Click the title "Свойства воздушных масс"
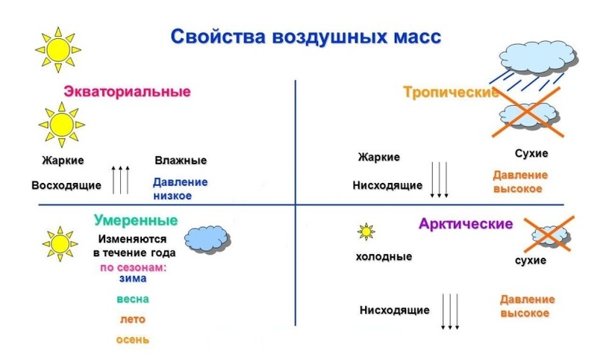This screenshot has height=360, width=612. pyautogui.click(x=305, y=37)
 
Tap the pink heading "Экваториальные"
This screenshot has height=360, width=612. pyautogui.click(x=127, y=91)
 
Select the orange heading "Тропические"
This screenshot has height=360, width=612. pyautogui.click(x=451, y=93)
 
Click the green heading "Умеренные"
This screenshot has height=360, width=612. pyautogui.click(x=136, y=220)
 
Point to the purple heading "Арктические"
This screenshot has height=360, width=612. pyautogui.click(x=466, y=224)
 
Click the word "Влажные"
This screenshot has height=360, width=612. pyautogui.click(x=181, y=161)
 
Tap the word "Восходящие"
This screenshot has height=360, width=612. pyautogui.click(x=66, y=185)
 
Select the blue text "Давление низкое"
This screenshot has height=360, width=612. pyautogui.click(x=181, y=189)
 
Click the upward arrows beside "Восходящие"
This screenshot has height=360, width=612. pyautogui.click(x=120, y=180)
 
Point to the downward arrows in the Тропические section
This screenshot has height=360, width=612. pyautogui.click(x=439, y=180)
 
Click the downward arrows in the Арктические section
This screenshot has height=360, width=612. pyautogui.click(x=450, y=312)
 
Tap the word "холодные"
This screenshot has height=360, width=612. pyautogui.click(x=384, y=257)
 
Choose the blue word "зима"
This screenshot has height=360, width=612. pyautogui.click(x=133, y=279)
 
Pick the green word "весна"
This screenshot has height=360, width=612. pyautogui.click(x=133, y=299)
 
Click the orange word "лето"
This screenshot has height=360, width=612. pyautogui.click(x=133, y=320)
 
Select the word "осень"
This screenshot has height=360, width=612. pyautogui.click(x=133, y=340)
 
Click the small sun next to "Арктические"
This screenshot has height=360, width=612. pyautogui.click(x=366, y=232)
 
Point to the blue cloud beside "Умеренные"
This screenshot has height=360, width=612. pyautogui.click(x=207, y=239)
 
